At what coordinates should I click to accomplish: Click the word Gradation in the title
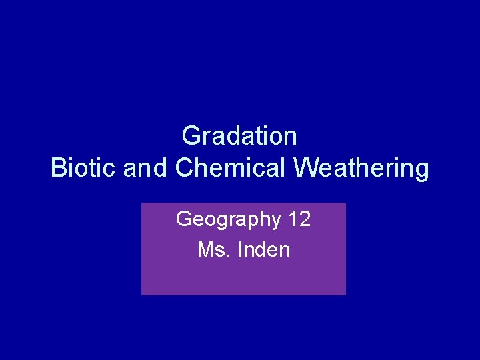pos(239,136)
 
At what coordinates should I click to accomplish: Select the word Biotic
pos(84,169)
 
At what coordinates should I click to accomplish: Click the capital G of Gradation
pos(190,136)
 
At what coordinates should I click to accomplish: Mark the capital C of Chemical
pos(184,169)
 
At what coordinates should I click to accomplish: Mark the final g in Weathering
pos(421,171)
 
